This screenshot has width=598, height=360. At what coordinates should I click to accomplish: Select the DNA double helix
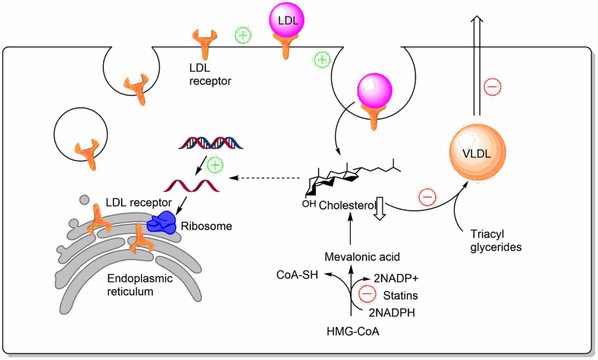pyautogui.click(x=207, y=142)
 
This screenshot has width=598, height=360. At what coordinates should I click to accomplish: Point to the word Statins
pyautogui.click(x=399, y=296)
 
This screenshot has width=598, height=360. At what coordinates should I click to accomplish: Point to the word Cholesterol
pyautogui.click(x=346, y=205)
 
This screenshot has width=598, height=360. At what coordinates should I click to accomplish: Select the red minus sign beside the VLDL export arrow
pyautogui.click(x=492, y=88)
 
